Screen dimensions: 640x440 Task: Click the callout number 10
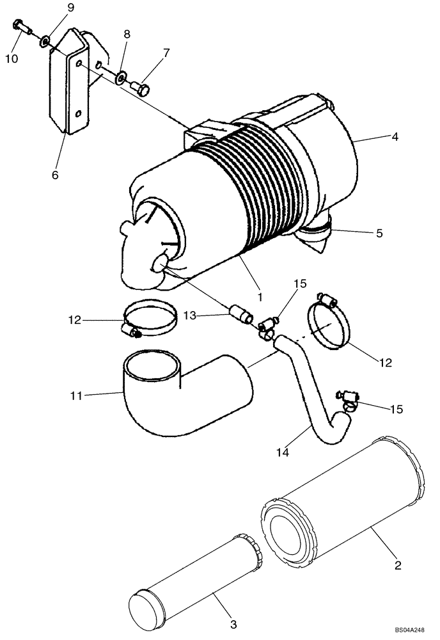pyautogui.click(x=12, y=59)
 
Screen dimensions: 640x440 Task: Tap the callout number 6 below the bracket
pyautogui.click(x=55, y=175)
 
